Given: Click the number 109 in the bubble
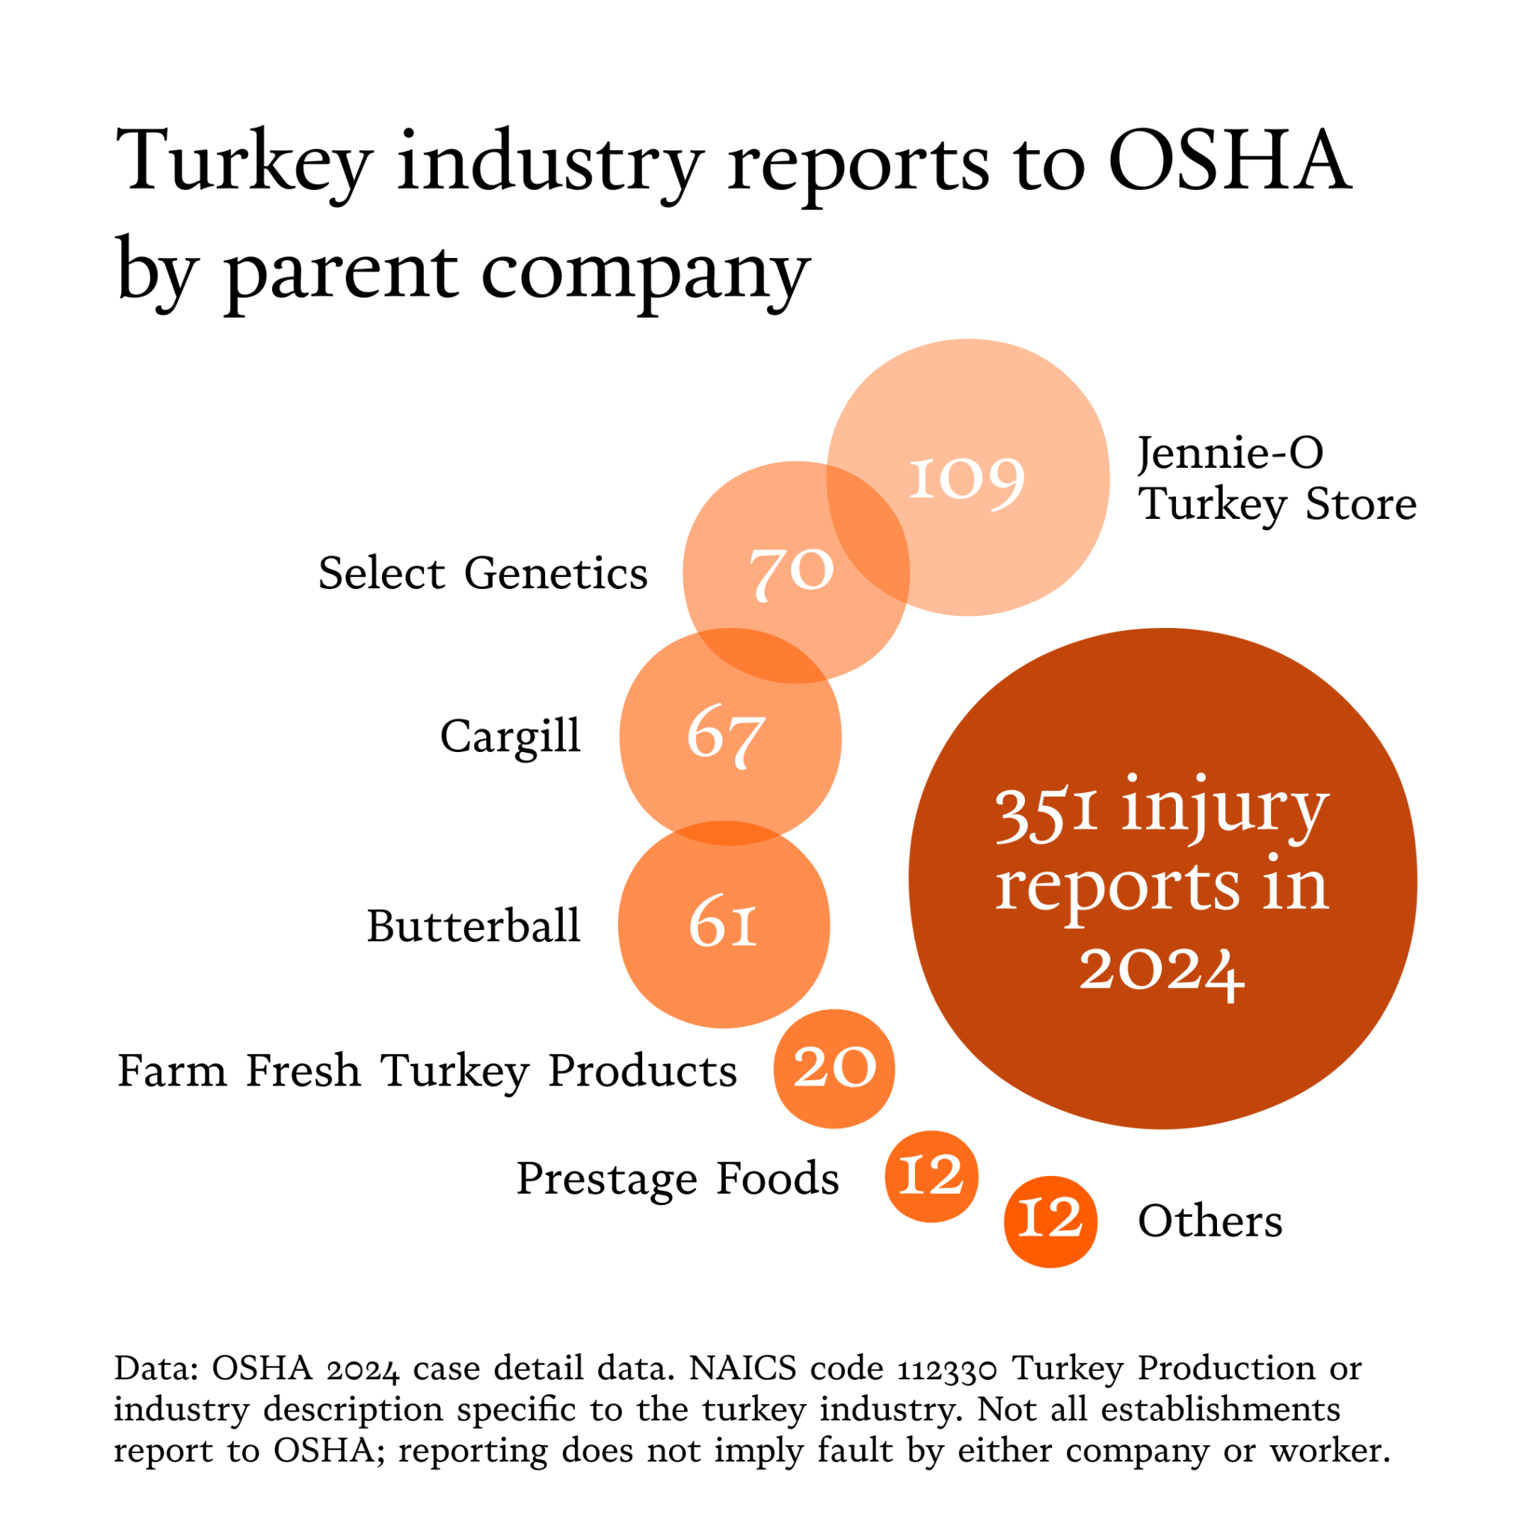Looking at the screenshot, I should (966, 479).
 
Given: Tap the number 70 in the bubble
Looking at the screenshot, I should (792, 572).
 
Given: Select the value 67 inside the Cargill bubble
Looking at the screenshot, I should (726, 736).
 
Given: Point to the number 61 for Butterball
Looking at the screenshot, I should (723, 923).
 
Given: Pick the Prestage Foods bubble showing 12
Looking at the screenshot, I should (931, 1176).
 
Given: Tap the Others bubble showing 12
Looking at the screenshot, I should (1050, 1219).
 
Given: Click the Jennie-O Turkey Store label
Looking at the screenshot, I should (1276, 478).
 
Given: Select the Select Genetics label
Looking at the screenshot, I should (483, 573).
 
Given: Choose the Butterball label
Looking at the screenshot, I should (473, 925).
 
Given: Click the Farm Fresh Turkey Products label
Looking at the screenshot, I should (427, 1071).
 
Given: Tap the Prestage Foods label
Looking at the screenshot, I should (677, 1178).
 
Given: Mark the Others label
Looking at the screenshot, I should (1210, 1222).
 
